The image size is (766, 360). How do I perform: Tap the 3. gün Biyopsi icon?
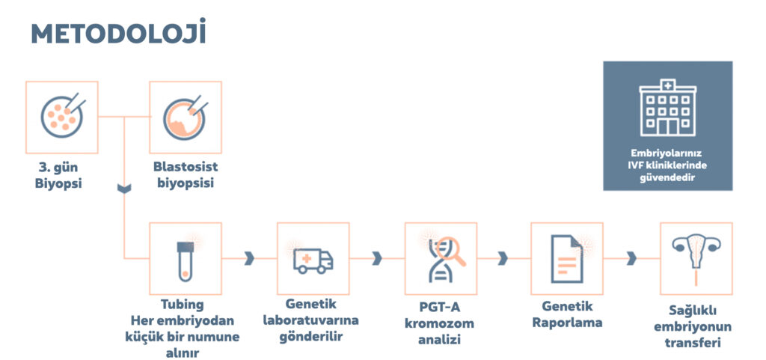tap(63, 115)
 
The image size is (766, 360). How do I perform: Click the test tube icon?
tap(186, 262)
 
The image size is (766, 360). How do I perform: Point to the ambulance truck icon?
tap(313, 261)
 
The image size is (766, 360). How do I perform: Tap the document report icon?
tap(567, 259)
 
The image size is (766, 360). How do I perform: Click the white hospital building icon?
tap(668, 108)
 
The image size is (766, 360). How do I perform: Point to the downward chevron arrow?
tap(124, 188)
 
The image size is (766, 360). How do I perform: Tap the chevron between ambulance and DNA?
tap(377, 258)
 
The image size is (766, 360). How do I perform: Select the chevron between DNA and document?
tap(503, 258)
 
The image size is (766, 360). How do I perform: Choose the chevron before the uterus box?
tap(631, 258)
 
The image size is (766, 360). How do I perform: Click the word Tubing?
tap(183, 305)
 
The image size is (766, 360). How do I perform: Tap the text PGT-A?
tap(440, 308)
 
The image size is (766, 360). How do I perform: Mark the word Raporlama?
tap(567, 323)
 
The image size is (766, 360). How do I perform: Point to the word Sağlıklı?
tap(693, 311)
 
